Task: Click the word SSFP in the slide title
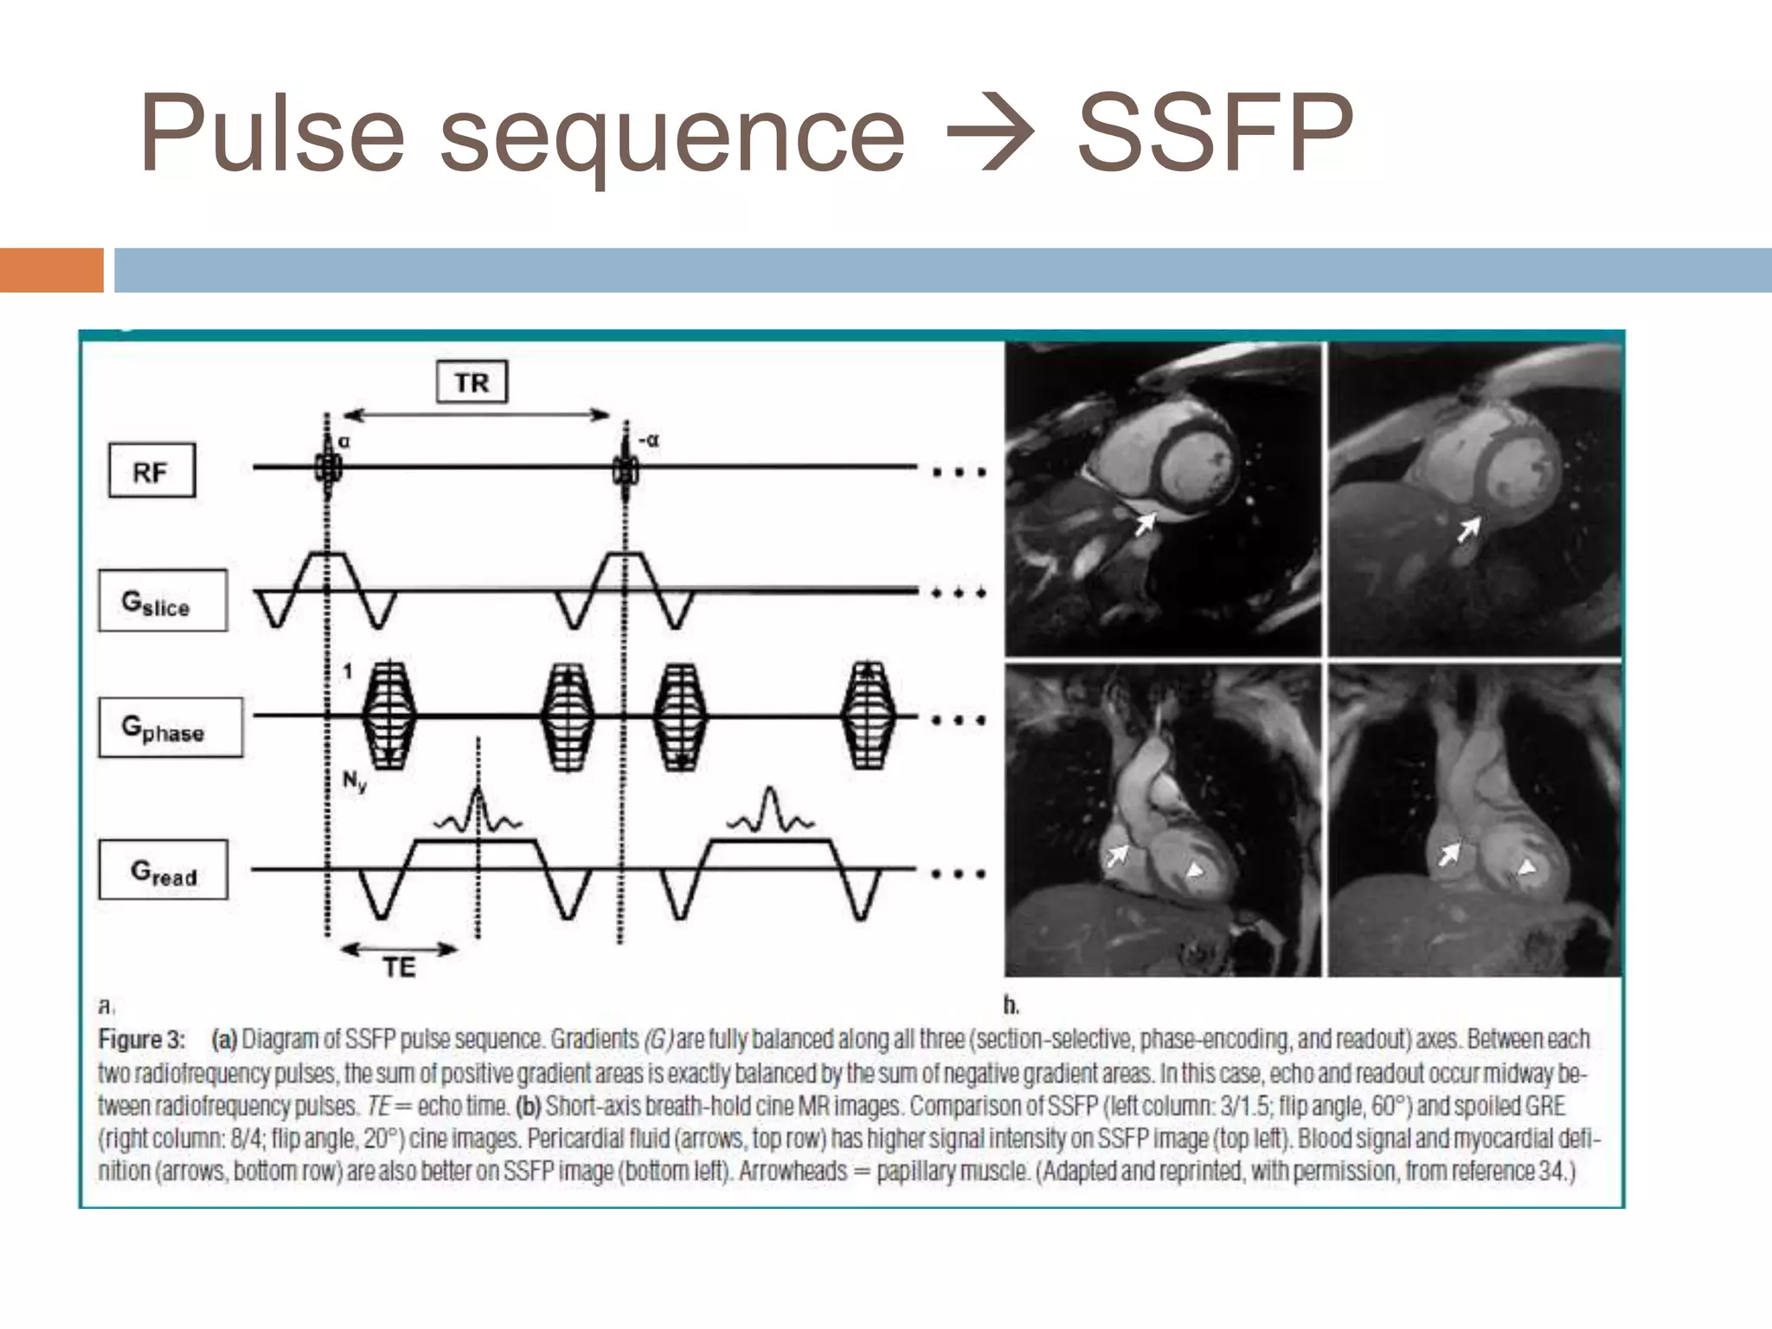pyautogui.click(x=1215, y=135)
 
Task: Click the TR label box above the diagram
pyautogui.click(x=472, y=382)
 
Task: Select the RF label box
pyautogui.click(x=151, y=472)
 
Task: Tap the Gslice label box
pyautogui.click(x=163, y=600)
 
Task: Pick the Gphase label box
pyautogui.click(x=170, y=728)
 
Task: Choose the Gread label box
pyautogui.click(x=164, y=870)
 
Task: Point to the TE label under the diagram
pyautogui.click(x=399, y=966)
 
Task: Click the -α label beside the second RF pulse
pyautogui.click(x=648, y=440)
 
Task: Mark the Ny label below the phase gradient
pyautogui.click(x=354, y=782)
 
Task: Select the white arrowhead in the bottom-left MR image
pyautogui.click(x=1196, y=868)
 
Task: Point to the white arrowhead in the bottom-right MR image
pyautogui.click(x=1527, y=866)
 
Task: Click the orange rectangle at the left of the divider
pyautogui.click(x=51, y=270)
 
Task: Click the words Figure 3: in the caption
pyautogui.click(x=141, y=1039)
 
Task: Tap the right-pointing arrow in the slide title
pyautogui.click(x=992, y=135)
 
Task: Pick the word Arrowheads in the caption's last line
pyautogui.click(x=793, y=1172)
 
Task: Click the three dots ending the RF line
pyautogui.click(x=959, y=472)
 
